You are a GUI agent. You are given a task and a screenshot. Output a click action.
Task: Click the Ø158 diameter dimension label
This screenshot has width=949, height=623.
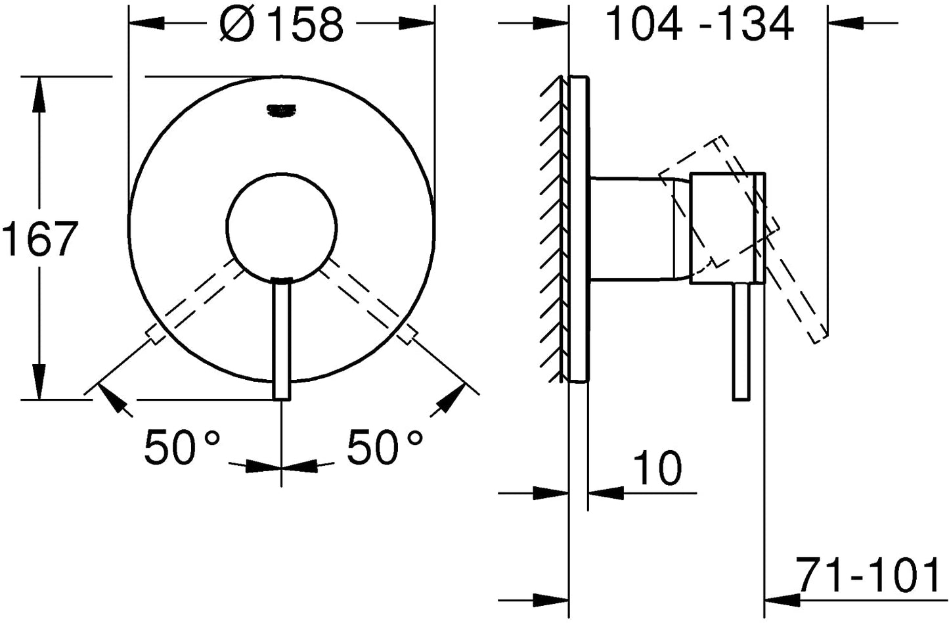click(281, 24)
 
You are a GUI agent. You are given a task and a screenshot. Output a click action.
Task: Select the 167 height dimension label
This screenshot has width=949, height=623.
click(40, 238)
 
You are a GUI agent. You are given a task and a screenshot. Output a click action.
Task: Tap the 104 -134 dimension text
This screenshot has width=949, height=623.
click(699, 24)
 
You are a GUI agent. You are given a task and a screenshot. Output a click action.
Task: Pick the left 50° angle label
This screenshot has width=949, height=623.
click(182, 447)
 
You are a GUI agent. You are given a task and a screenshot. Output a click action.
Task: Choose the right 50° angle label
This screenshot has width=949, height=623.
click(385, 447)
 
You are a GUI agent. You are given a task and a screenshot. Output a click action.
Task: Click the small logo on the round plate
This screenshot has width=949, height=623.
click(281, 110)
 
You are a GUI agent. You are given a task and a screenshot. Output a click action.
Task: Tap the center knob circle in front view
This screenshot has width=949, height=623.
click(282, 227)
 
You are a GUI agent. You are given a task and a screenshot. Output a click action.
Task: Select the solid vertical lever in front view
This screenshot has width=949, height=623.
click(282, 339)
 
